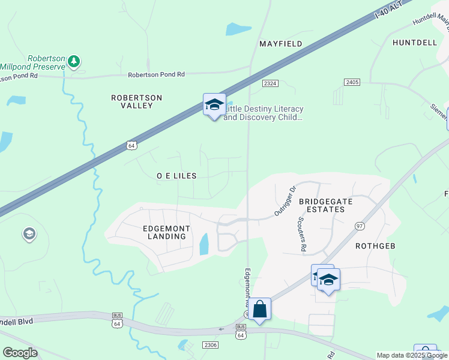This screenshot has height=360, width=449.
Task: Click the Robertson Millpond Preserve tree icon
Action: click(x=74, y=61)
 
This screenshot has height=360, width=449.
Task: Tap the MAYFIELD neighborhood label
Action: click(x=280, y=44)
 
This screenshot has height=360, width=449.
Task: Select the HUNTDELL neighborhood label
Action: click(x=414, y=43)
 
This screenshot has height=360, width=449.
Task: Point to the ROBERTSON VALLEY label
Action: click(x=137, y=101)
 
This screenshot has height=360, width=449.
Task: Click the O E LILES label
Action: click(x=176, y=176)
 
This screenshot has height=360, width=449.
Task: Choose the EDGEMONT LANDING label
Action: click(x=166, y=233)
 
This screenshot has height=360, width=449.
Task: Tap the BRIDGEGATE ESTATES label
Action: click(x=322, y=205)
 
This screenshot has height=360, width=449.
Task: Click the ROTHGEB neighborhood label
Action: click(x=377, y=246)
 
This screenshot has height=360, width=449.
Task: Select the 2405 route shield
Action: click(x=352, y=81)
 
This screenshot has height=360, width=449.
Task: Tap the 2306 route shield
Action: click(x=209, y=344)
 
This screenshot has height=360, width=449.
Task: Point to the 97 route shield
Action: click(x=360, y=226)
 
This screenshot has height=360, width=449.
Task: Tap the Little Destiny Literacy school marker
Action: click(x=214, y=104)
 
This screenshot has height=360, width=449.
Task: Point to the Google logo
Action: click(x=20, y=353)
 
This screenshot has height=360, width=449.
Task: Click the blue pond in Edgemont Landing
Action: click(x=203, y=244)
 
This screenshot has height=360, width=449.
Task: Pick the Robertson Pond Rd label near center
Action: click(x=156, y=74)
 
